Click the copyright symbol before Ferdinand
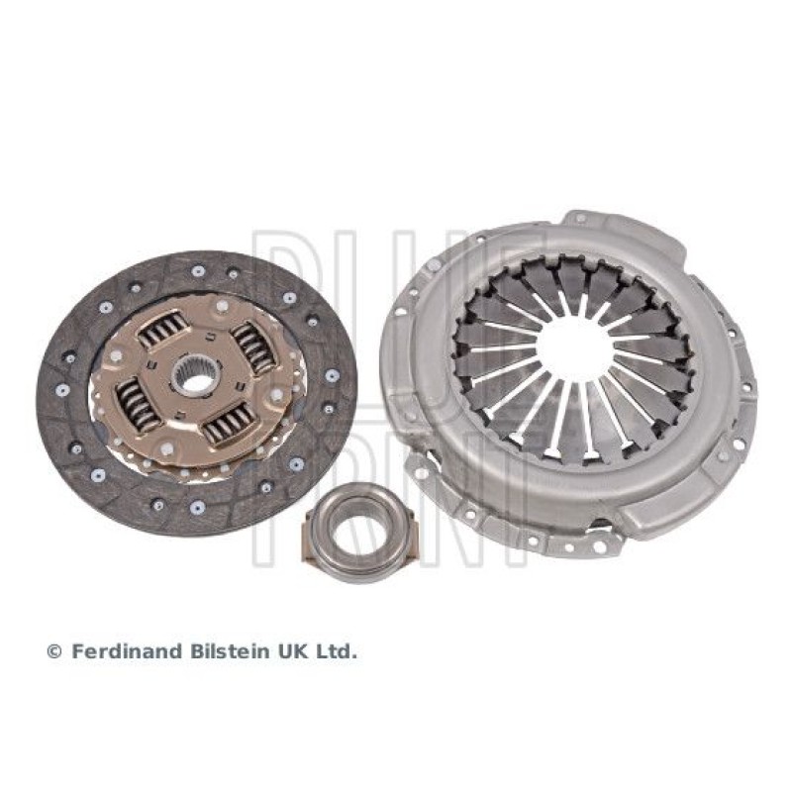pyautogui.click(x=54, y=652)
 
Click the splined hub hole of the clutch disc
pyautogui.click(x=196, y=375)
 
